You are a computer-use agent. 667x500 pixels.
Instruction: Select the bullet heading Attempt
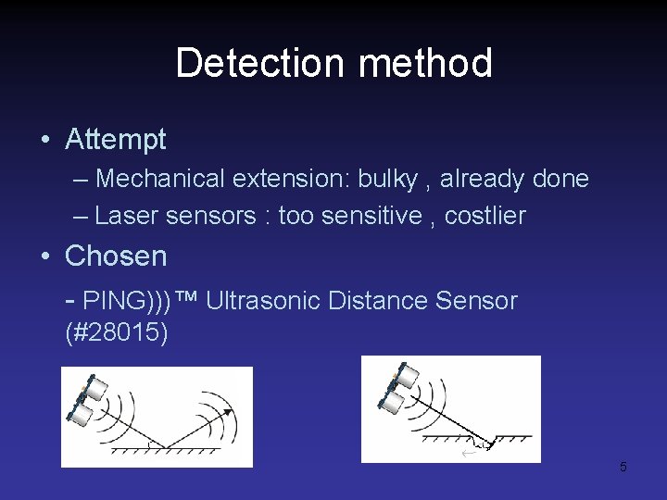coord(116,140)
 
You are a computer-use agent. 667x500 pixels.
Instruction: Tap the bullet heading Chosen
coord(116,256)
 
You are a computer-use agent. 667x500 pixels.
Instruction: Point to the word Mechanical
coord(159,178)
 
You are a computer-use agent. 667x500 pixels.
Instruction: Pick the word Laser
coord(127,216)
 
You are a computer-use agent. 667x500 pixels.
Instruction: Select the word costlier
coord(485,216)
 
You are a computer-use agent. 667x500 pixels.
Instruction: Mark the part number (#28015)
coord(117,331)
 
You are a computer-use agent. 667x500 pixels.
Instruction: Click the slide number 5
coord(623,467)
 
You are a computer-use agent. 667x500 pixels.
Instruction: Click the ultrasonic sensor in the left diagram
coord(85,401)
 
